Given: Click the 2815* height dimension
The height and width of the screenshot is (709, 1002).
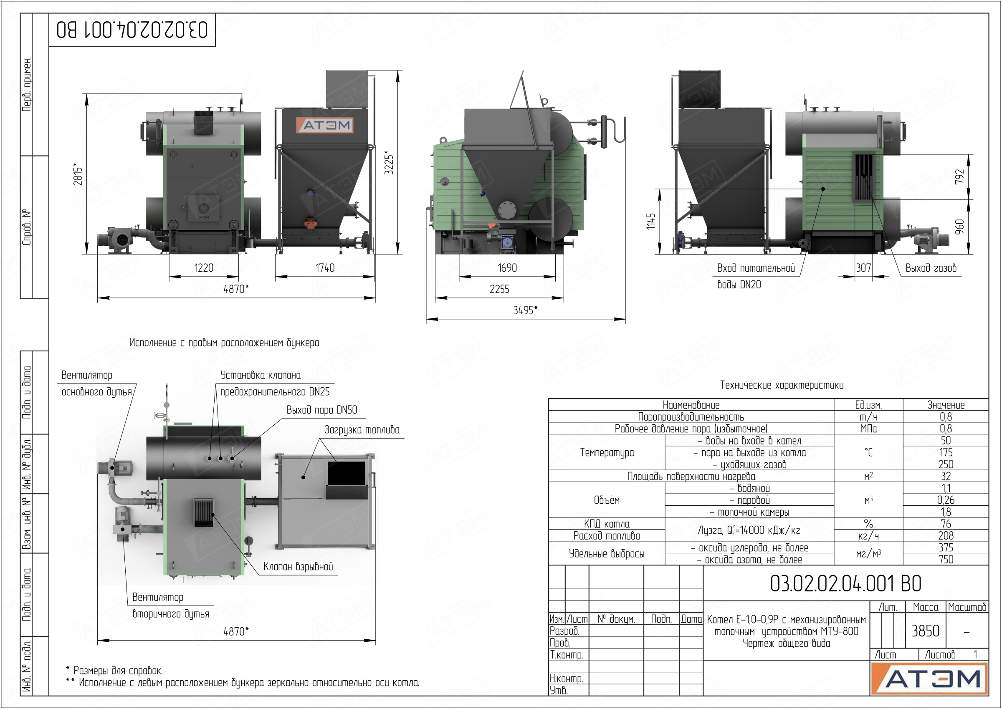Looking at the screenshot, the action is click(x=78, y=174).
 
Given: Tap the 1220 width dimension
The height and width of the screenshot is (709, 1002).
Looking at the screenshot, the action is click(x=204, y=267).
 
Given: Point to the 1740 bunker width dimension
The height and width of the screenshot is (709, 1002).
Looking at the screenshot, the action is click(x=325, y=267).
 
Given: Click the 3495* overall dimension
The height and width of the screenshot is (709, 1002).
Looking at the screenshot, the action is click(x=525, y=310).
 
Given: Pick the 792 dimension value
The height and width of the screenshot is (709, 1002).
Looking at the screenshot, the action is click(x=959, y=177).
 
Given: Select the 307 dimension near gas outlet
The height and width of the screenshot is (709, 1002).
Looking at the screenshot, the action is click(x=863, y=267).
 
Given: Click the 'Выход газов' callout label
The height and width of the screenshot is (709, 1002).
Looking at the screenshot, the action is click(x=931, y=268).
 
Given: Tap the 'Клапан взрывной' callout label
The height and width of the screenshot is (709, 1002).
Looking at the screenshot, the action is click(x=299, y=567).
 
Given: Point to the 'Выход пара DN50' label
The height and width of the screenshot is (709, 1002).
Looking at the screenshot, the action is click(x=322, y=410).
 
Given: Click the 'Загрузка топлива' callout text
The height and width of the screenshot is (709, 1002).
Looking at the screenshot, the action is click(x=362, y=429).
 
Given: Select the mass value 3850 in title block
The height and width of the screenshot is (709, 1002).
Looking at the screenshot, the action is click(x=925, y=631).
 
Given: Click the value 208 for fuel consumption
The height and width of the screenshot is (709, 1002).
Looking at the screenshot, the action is click(x=946, y=536).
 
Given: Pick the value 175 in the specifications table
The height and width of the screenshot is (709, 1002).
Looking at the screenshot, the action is click(x=946, y=452).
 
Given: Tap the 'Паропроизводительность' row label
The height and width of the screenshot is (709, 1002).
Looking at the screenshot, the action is click(x=691, y=417).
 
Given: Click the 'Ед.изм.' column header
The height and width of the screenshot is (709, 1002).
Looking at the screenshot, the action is click(x=868, y=405).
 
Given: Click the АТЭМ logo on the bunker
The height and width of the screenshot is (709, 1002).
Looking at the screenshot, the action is click(x=325, y=125).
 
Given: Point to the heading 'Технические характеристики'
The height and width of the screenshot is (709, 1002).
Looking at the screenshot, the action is click(x=782, y=385).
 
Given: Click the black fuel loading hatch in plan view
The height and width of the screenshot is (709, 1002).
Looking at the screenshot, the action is click(x=347, y=473).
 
